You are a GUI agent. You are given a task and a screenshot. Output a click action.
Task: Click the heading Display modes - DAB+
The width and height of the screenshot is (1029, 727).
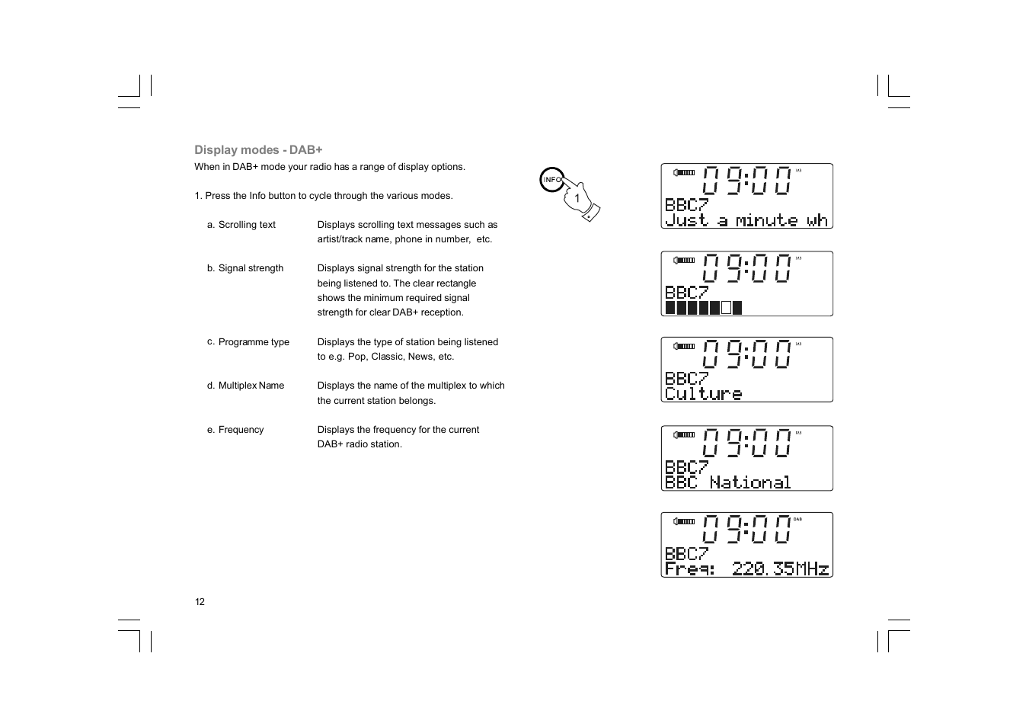tap(258, 150)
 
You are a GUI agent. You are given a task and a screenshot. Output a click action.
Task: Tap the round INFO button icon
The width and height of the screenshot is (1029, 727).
tap(552, 180)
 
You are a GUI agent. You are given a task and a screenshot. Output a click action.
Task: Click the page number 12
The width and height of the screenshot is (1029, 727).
tap(200, 602)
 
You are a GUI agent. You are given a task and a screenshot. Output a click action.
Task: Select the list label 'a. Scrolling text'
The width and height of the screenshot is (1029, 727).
tap(241, 225)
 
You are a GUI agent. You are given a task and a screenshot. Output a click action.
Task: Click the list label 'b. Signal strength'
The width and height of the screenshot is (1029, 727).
tap(244, 268)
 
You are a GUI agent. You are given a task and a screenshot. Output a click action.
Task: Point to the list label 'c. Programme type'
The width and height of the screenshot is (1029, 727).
tap(248, 342)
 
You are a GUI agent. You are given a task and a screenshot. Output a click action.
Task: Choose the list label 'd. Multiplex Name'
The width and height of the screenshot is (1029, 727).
tap(245, 386)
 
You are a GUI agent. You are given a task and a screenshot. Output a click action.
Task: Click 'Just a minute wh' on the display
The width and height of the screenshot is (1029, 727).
tap(746, 220)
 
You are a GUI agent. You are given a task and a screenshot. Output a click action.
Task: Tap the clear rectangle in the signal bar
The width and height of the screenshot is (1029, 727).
tap(726, 308)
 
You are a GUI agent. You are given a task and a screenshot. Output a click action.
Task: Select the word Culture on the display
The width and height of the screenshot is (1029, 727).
tap(703, 394)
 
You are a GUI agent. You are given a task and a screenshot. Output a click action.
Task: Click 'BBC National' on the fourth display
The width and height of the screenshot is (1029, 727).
tap(727, 482)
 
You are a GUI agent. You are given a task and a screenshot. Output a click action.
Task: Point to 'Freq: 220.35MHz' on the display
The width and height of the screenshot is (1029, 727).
tap(746, 568)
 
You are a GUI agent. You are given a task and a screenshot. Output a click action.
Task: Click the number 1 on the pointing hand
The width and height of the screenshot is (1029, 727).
tap(577, 198)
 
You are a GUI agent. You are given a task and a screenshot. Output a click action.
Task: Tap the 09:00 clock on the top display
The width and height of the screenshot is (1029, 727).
tap(747, 181)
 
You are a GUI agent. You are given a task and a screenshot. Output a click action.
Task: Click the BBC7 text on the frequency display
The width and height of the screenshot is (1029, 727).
tap(686, 553)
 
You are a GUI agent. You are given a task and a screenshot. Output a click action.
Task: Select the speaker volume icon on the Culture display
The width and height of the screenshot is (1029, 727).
tap(684, 346)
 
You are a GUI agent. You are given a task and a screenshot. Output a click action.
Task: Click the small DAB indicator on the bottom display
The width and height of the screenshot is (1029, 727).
tap(797, 520)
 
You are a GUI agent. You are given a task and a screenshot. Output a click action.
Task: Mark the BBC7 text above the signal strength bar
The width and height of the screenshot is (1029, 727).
tap(686, 292)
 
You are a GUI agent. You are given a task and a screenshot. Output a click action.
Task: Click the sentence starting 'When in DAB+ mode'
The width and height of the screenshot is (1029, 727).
tap(329, 167)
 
